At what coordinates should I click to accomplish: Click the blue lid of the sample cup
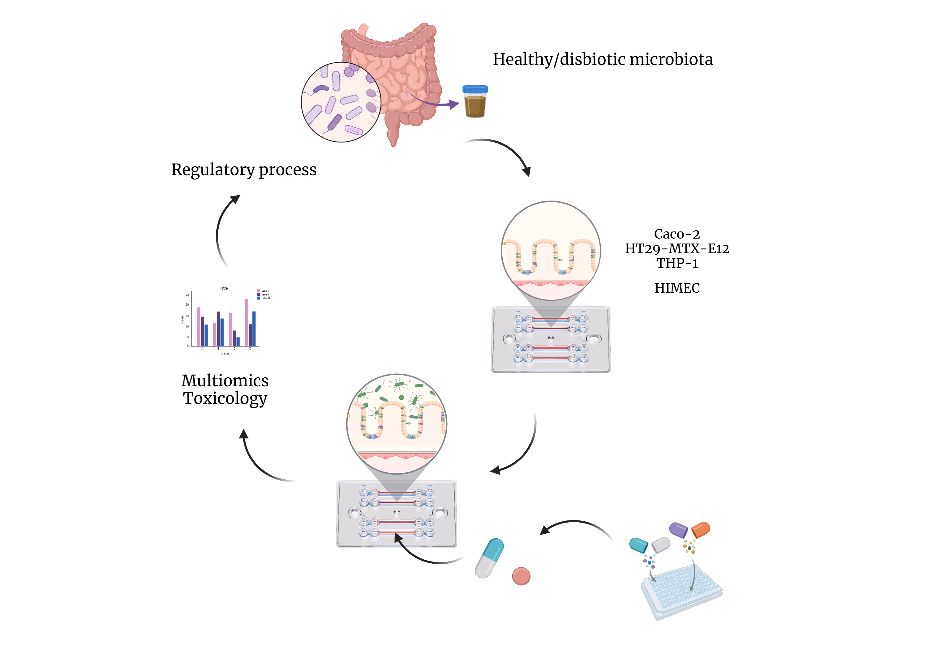(x=475, y=89)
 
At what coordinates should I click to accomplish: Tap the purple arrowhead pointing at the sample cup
(x=455, y=104)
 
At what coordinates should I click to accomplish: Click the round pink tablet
(x=521, y=576)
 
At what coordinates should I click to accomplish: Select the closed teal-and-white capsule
(x=489, y=558)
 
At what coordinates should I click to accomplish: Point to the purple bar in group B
(x=218, y=328)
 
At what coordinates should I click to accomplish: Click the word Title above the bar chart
(x=224, y=288)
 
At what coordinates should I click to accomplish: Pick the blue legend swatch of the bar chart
(x=259, y=298)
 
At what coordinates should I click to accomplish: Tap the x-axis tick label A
(x=203, y=349)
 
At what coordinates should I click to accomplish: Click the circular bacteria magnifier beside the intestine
(x=341, y=102)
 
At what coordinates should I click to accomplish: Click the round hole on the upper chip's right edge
(x=593, y=339)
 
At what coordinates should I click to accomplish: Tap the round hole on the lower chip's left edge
(x=354, y=513)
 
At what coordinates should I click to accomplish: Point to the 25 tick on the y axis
(x=187, y=295)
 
